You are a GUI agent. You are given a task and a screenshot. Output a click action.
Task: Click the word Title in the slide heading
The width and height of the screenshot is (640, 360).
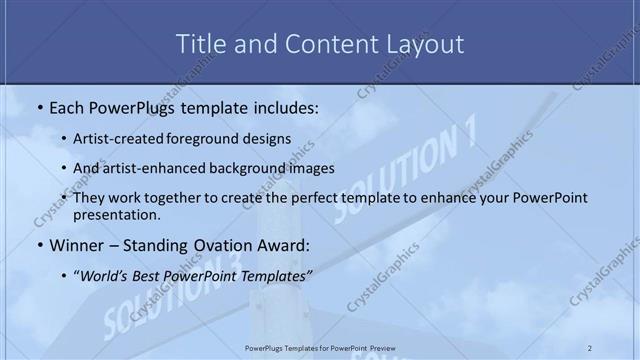(x=199, y=44)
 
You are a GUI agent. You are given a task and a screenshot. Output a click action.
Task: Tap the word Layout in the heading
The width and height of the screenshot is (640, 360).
(x=424, y=44)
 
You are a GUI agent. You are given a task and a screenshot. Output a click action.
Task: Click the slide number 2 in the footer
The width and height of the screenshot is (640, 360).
(x=590, y=347)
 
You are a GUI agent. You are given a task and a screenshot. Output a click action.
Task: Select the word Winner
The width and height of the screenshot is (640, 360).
(x=74, y=245)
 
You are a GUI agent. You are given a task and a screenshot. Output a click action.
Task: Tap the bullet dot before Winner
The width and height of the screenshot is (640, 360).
(x=38, y=245)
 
